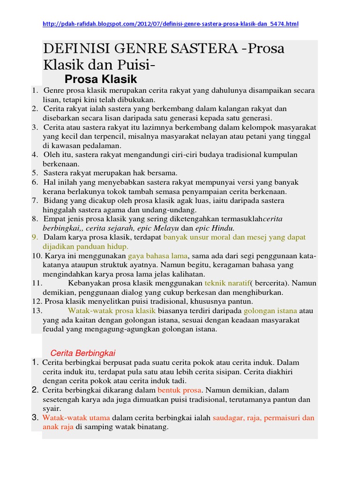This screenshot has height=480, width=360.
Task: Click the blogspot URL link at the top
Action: click(171, 24)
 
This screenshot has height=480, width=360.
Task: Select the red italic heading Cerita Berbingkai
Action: click(82, 353)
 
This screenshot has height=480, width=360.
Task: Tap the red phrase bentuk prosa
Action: click(179, 390)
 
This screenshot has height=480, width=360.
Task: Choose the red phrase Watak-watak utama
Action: click(76, 418)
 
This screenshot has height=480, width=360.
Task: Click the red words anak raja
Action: click(58, 427)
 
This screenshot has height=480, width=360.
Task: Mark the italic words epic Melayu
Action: click(161, 228)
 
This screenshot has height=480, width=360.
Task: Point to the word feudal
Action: click(53, 329)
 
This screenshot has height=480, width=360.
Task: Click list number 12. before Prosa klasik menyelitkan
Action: click(37, 301)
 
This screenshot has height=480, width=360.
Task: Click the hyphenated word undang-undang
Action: click(173, 210)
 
